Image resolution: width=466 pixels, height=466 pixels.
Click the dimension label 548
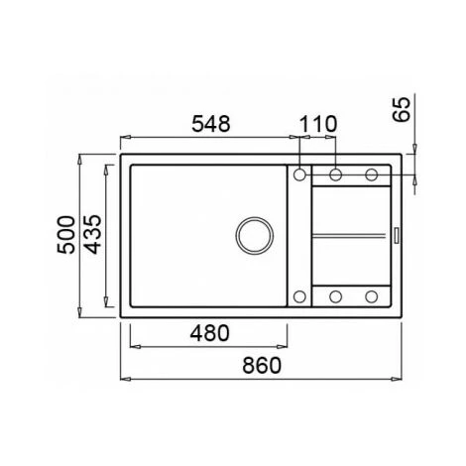(211, 124)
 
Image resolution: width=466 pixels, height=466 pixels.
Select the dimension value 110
(318, 124)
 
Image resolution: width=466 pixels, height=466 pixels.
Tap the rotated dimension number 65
(402, 110)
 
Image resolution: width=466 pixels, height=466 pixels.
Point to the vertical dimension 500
(65, 235)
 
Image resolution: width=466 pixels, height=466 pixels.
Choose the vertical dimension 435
(92, 235)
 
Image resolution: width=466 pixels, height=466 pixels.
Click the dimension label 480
(209, 333)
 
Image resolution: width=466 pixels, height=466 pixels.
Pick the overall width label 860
(262, 365)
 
